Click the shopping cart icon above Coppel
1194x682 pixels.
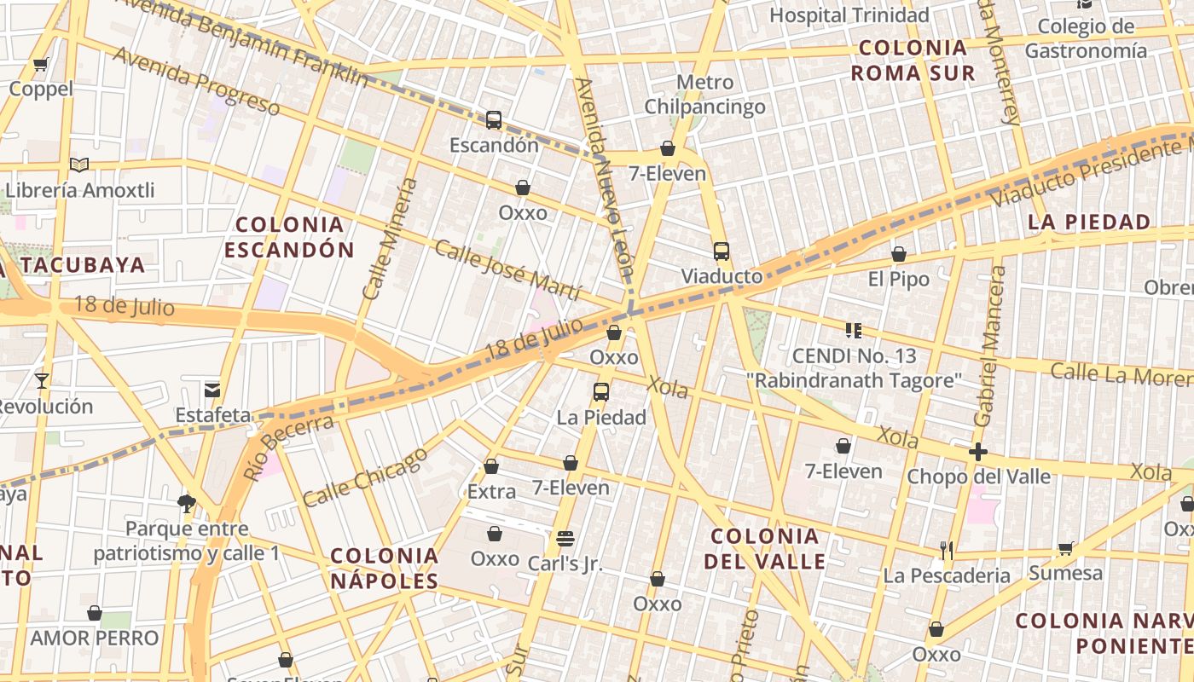40,64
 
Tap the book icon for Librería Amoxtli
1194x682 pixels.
79,165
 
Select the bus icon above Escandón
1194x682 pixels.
494,120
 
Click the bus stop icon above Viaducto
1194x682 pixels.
722,251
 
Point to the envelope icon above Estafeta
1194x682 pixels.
212,390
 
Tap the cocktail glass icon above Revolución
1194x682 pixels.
41,380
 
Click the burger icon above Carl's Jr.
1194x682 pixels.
565,539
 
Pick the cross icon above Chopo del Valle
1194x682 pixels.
978,451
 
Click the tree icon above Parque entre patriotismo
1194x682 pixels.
187,503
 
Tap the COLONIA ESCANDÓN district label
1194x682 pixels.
289,237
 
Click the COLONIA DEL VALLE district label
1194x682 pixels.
764,548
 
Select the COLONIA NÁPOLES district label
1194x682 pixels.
385,569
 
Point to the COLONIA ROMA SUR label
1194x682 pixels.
913,60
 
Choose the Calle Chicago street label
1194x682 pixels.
365,477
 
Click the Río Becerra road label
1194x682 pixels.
289,447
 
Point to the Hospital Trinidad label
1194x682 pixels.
849,15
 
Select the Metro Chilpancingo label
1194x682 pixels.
704,95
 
